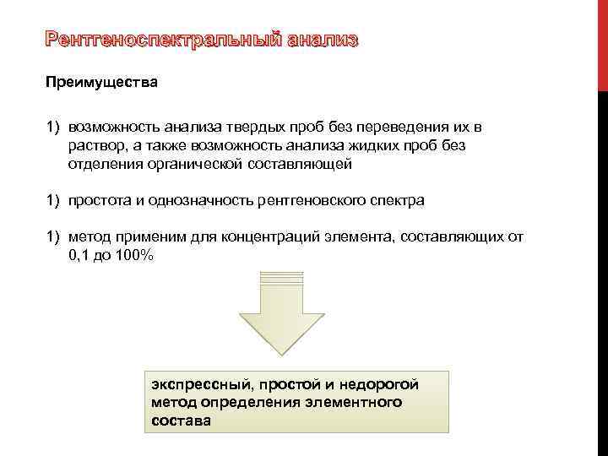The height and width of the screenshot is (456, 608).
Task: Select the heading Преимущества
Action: coord(101,84)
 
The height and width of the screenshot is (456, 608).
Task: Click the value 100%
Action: coord(129,255)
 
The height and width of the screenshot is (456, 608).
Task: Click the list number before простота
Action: coord(52,200)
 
